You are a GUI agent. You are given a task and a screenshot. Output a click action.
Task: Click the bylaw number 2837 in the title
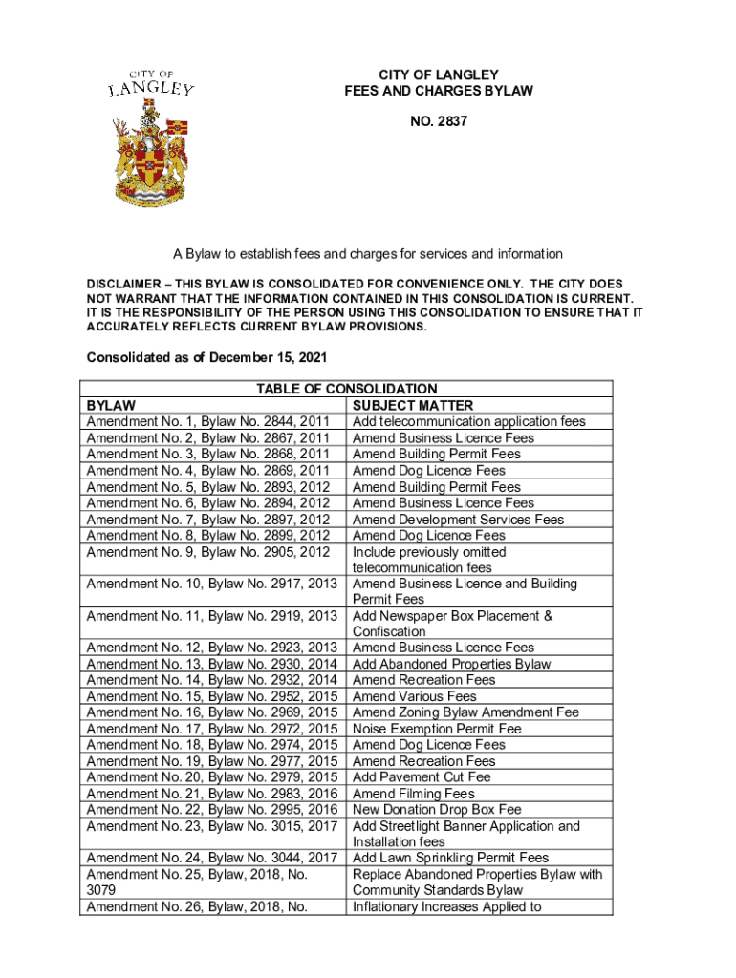(439, 124)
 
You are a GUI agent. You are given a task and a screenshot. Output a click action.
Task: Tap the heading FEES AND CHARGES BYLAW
(439, 91)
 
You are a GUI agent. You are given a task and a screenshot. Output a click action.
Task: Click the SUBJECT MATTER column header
(413, 405)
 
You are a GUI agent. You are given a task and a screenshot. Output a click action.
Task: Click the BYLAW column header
(111, 405)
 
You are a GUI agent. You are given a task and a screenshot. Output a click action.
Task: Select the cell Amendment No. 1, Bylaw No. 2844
(208, 421)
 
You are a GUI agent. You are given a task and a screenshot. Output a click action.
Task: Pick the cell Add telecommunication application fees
(469, 421)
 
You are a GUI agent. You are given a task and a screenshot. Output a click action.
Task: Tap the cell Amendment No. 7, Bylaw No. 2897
(208, 519)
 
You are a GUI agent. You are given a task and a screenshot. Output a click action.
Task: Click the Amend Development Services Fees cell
(459, 519)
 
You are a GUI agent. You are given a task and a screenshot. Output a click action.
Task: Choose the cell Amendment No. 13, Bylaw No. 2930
(212, 664)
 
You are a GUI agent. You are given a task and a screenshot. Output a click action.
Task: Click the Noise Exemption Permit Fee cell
(437, 729)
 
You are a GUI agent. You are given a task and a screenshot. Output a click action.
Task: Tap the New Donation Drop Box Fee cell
(437, 810)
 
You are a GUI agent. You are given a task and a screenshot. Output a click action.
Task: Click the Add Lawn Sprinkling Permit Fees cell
(451, 858)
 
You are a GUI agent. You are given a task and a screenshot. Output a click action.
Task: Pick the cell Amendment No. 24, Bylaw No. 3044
(212, 858)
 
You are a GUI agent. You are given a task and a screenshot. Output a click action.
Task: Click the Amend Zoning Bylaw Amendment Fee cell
(466, 712)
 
